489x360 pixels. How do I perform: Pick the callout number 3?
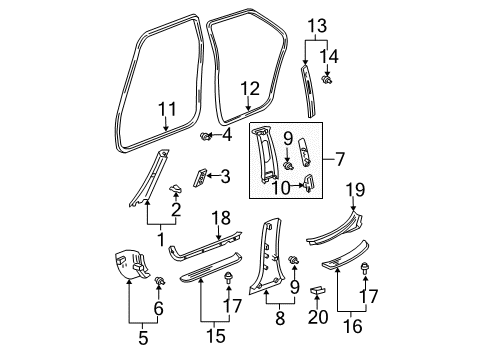[226, 177]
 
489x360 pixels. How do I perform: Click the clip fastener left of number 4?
[205, 135]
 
